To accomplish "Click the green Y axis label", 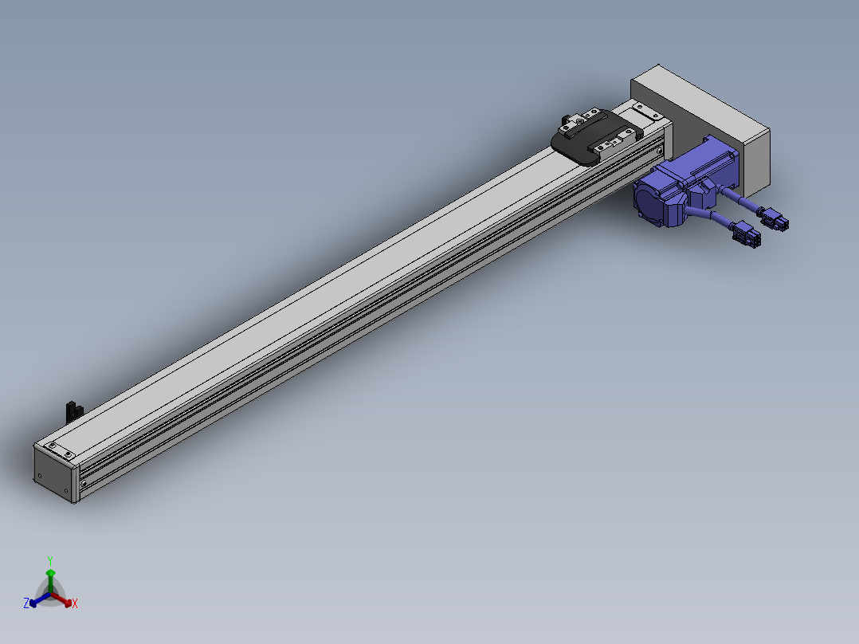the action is tap(50, 560).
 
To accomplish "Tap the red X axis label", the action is tap(75, 603).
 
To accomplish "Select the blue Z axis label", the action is tap(25, 603).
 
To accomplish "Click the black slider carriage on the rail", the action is tap(596, 136).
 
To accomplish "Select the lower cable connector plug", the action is tap(746, 234).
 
